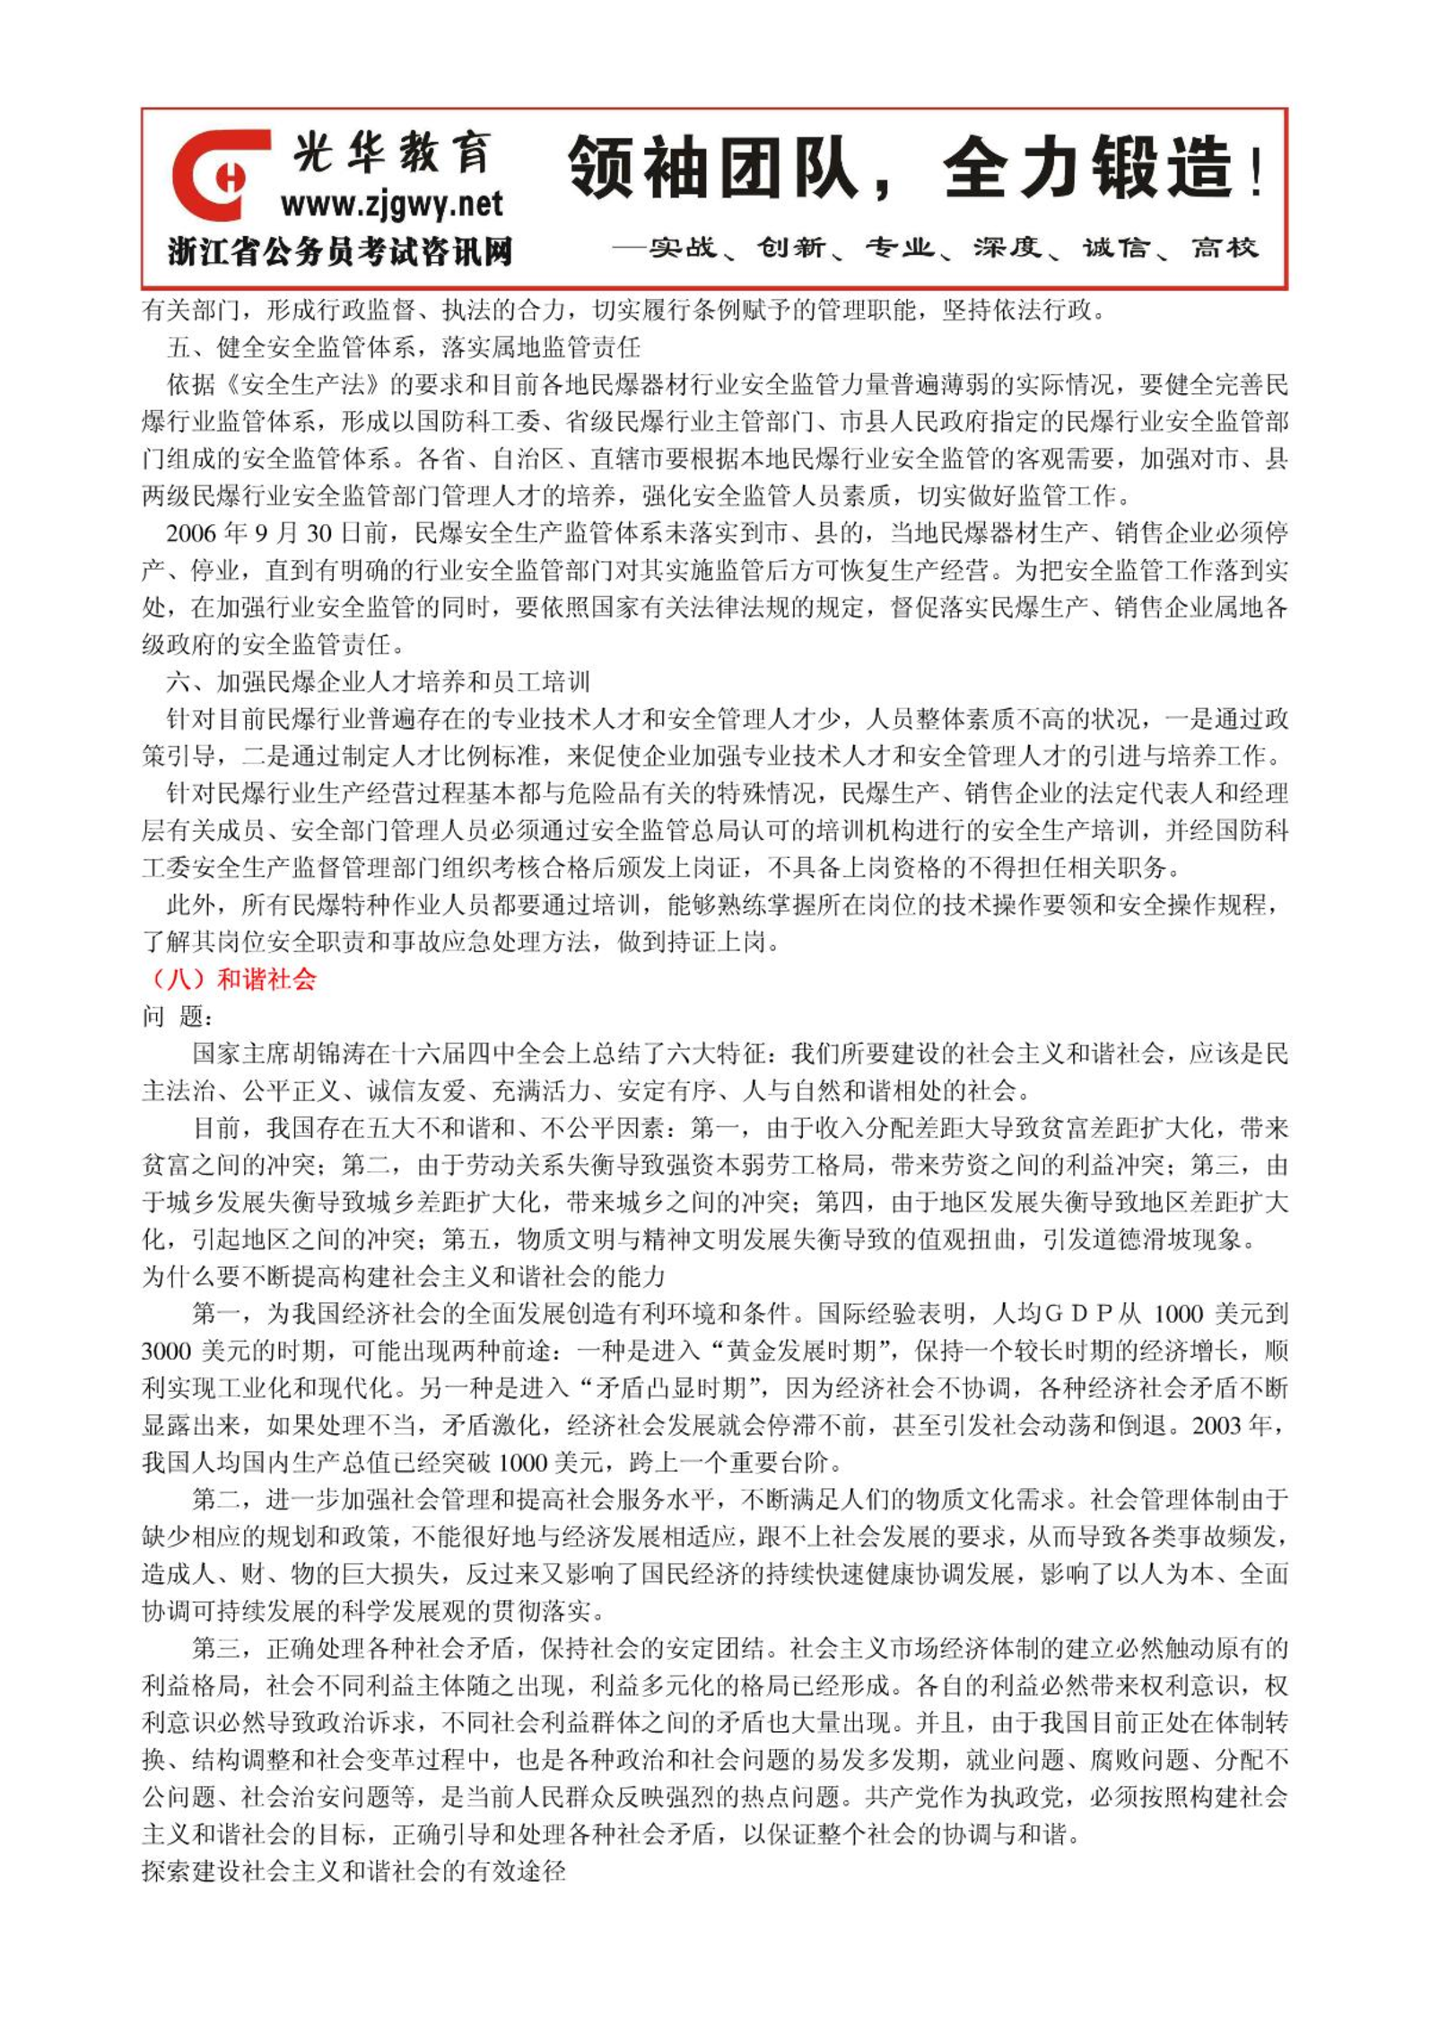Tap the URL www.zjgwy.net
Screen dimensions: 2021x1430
pyautogui.click(x=391, y=206)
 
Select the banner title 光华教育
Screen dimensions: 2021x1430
pyautogui.click(x=392, y=153)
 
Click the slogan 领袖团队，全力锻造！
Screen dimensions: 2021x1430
pyautogui.click(x=915, y=168)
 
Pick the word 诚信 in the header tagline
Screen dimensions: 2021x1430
pyautogui.click(x=1115, y=248)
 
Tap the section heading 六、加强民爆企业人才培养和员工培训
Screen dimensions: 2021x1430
pyautogui.click(x=378, y=682)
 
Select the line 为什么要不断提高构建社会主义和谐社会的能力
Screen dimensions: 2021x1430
pyautogui.click(x=404, y=1277)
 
